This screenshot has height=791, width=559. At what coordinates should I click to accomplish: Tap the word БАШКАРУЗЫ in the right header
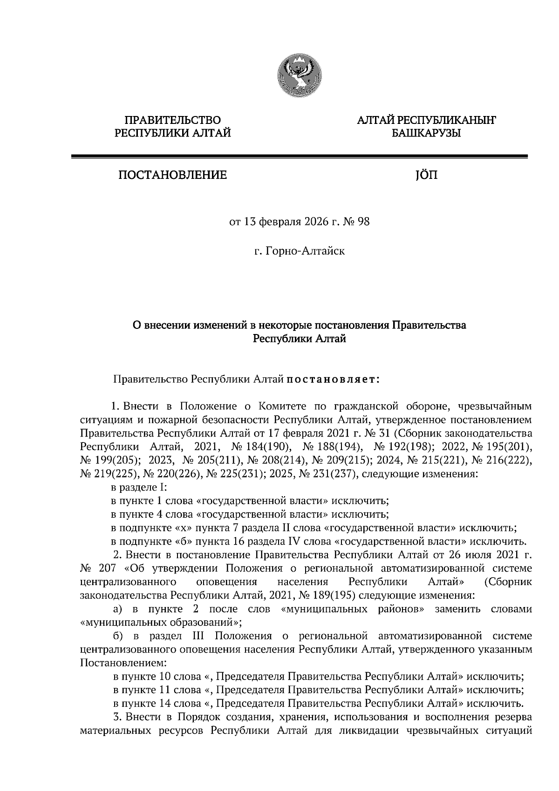pos(426,134)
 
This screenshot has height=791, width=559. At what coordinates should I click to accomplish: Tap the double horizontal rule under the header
pos(299,157)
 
